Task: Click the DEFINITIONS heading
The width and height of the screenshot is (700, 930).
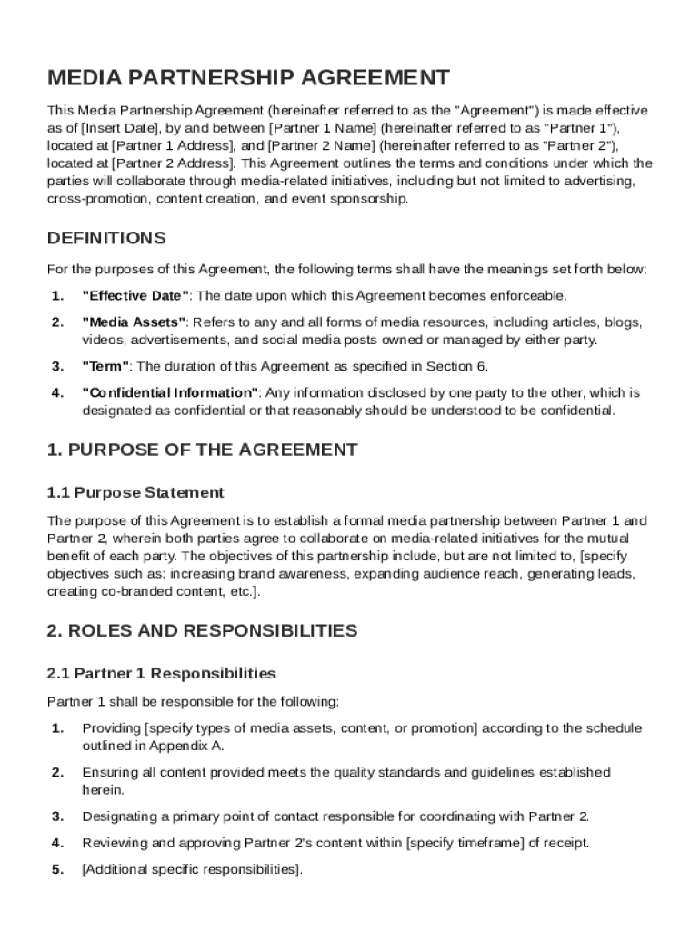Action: [x=106, y=239]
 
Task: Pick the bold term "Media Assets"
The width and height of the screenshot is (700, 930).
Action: [x=134, y=322]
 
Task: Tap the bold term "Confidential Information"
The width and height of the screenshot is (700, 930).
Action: [x=171, y=393]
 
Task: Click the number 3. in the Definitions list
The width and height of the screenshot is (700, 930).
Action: [x=57, y=367]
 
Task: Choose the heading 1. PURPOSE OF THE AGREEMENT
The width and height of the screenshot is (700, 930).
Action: [x=202, y=450]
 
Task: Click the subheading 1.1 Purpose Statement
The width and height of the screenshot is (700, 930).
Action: [x=135, y=493]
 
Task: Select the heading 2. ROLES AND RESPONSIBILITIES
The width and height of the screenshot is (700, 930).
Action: [x=202, y=631]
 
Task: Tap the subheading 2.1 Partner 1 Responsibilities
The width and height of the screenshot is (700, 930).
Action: [x=161, y=674]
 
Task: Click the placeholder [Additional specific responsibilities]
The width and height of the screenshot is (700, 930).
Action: [x=191, y=869]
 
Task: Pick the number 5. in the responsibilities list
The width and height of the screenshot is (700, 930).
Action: [x=57, y=869]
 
